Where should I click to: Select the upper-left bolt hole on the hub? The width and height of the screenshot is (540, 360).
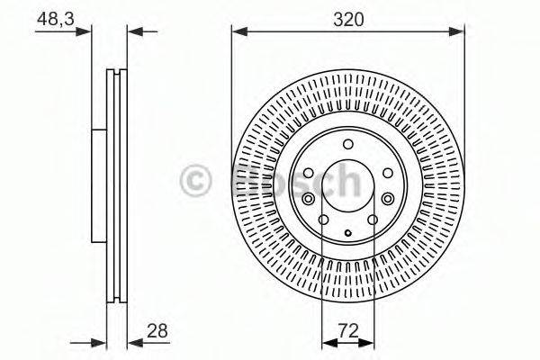(310, 174)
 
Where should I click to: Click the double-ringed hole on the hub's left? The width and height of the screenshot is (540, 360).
(309, 199)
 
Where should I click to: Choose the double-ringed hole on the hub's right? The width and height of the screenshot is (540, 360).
(387, 199)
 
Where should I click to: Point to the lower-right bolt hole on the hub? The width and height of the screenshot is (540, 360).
(371, 220)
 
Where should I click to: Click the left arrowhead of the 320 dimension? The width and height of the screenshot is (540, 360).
(237, 31)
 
